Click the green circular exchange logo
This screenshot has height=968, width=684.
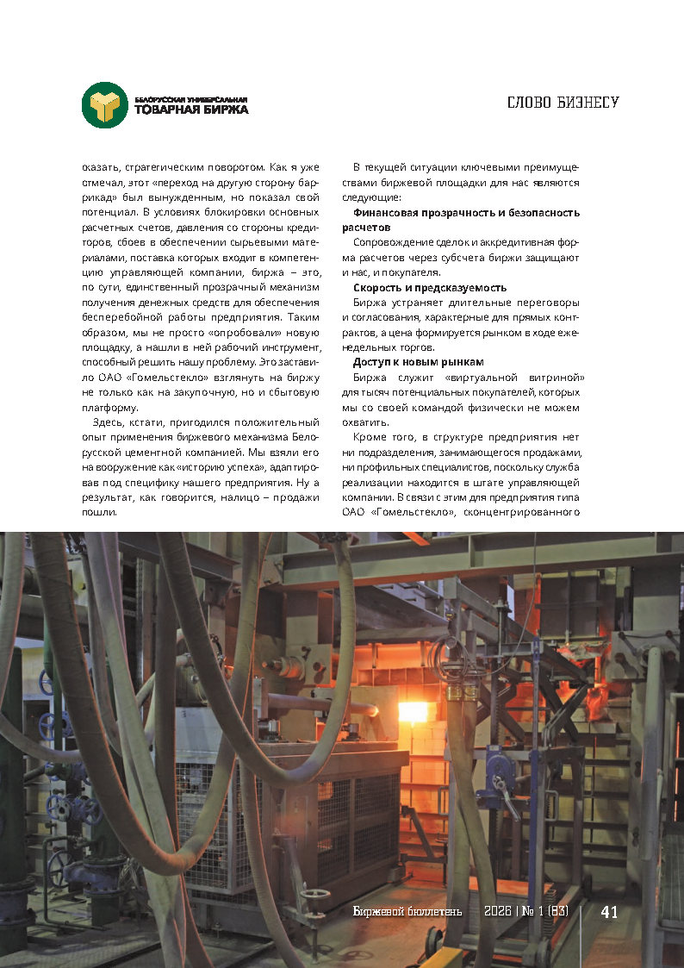pos(105,105)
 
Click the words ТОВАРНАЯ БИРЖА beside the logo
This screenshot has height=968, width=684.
pos(191,109)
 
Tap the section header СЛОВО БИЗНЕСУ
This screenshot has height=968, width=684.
pos(563,103)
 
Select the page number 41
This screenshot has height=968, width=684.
pos(609,912)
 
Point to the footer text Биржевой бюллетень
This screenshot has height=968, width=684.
pos(407,912)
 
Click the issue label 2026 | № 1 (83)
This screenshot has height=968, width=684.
pos(525,912)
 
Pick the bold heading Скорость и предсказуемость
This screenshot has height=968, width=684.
pos(429,288)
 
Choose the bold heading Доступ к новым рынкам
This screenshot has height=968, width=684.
pos(418,362)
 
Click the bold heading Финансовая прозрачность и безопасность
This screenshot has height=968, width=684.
pos(466,212)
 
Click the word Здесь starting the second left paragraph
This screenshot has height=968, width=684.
pos(113,422)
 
